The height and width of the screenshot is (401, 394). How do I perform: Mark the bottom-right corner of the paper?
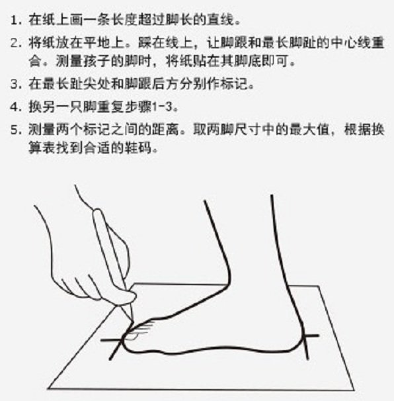(354, 390)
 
